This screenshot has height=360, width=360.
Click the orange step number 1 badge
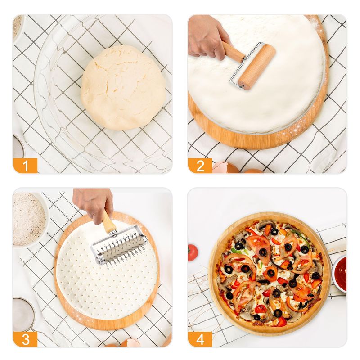pyautogui.click(x=25, y=165)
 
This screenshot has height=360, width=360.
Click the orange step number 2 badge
pyautogui.click(x=200, y=165)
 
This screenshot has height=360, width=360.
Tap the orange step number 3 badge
pyautogui.click(x=25, y=339)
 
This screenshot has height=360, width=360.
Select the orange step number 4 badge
pyautogui.click(x=200, y=339)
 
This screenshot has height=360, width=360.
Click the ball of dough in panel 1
pyautogui.click(x=123, y=87)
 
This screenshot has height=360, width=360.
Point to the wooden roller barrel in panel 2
pyautogui.click(x=257, y=67)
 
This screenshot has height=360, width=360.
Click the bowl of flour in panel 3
pyautogui.click(x=29, y=219)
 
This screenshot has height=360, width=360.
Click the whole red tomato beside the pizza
pyautogui.click(x=193, y=252)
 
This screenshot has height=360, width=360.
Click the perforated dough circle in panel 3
pyautogui.click(x=107, y=271)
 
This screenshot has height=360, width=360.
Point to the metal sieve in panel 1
pyautogui.click(x=18, y=147)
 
